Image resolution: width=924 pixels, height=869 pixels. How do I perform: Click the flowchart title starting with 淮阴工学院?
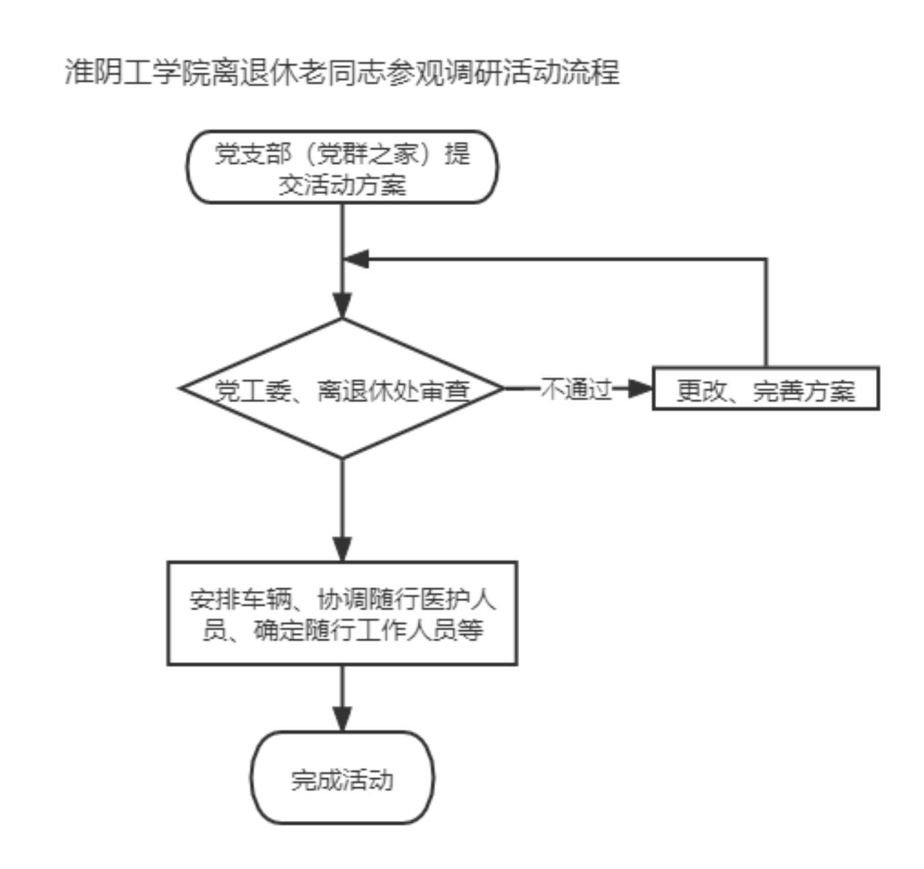point(342,72)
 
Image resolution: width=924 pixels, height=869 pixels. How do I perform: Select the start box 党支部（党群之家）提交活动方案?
point(342,167)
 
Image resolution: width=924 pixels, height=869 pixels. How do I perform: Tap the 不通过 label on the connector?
point(576,389)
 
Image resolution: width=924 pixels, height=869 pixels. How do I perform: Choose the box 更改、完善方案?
point(766,389)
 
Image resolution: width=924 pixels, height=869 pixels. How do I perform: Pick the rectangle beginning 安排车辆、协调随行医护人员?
point(342,613)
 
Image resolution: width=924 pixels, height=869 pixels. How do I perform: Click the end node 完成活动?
point(342,778)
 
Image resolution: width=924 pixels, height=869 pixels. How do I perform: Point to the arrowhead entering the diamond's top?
point(342,306)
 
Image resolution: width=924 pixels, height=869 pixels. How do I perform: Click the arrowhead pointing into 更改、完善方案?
point(639,388)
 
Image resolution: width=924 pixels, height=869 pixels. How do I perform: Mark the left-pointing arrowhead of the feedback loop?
point(356,259)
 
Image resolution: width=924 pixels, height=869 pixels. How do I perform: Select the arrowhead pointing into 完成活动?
point(342,718)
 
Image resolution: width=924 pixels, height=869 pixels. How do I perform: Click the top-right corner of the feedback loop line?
point(766,259)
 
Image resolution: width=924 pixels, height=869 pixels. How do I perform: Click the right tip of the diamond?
point(503,388)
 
